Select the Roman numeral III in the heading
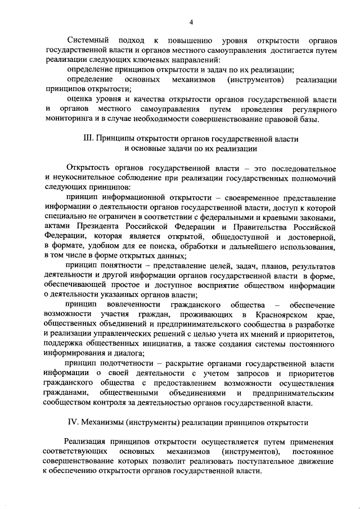pos(88,138)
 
